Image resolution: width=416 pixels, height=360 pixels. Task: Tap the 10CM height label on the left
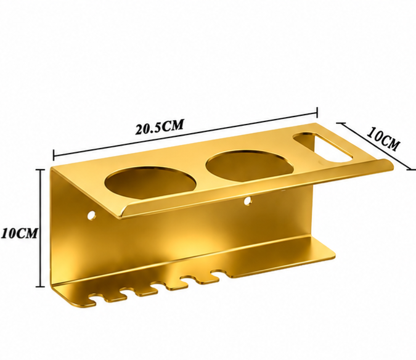tap(19, 233)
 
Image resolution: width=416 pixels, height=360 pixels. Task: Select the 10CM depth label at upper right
tap(383, 139)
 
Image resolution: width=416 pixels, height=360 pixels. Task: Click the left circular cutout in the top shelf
tap(150, 182)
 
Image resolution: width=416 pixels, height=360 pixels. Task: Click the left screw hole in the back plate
tap(92, 215)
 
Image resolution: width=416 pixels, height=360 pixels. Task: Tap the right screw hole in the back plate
tap(248, 201)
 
